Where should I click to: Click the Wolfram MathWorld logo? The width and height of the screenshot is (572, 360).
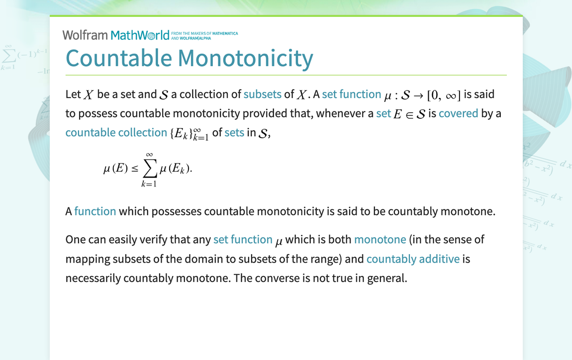click(116, 35)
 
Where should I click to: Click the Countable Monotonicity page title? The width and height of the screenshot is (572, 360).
click(189, 58)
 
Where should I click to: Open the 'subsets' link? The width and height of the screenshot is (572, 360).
click(263, 94)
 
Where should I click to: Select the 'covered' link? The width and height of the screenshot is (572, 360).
click(458, 113)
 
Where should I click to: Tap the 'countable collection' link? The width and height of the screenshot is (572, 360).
click(116, 132)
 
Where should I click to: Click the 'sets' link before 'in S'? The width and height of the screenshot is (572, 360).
click(234, 132)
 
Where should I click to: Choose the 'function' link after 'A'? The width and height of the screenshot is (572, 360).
click(95, 211)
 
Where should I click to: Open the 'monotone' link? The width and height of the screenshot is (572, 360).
click(380, 239)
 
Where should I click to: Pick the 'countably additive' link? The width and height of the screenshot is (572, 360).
click(413, 259)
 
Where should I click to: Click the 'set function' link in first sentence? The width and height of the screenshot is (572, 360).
click(351, 94)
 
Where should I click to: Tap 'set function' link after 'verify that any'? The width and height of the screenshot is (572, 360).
click(243, 239)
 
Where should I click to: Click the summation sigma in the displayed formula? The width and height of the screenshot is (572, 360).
click(148, 169)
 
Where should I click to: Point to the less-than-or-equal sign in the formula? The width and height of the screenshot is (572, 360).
click(134, 169)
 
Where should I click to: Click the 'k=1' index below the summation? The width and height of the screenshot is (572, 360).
click(148, 184)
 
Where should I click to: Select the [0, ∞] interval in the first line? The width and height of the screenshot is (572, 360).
click(444, 94)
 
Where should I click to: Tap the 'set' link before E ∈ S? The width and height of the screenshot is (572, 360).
click(383, 113)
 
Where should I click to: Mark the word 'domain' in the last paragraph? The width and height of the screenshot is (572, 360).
click(201, 259)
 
